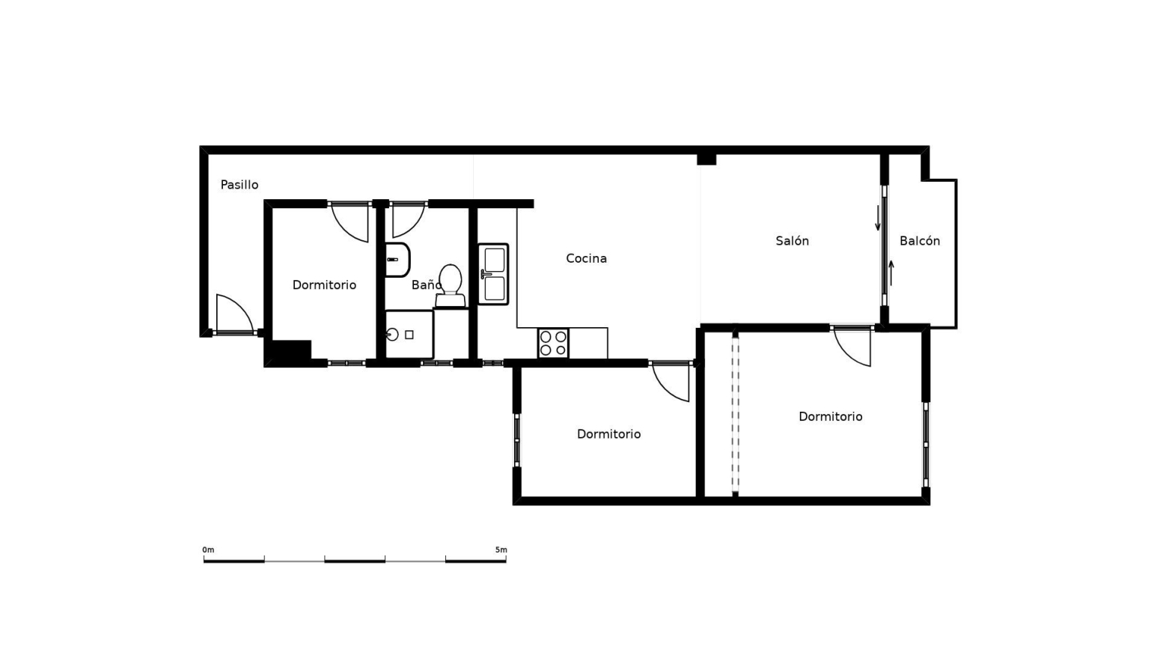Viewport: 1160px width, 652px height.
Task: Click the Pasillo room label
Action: point(239,185)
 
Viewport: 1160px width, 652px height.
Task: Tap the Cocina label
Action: point(586,258)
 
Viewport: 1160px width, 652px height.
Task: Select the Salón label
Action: point(793,241)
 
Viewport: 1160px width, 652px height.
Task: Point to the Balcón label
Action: point(920,241)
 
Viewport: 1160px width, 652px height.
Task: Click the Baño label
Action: point(427,285)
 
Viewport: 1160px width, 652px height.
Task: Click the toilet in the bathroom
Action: point(450,286)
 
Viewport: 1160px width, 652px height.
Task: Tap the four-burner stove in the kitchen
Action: point(553,343)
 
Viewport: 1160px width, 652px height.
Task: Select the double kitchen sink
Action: point(493,274)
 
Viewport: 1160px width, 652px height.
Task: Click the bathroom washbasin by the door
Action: point(397,260)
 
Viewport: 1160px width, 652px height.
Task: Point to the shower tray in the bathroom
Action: point(409,334)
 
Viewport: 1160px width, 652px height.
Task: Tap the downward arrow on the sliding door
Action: point(878,218)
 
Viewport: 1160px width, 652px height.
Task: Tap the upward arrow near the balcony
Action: point(891,273)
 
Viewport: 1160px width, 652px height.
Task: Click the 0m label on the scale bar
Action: point(208,550)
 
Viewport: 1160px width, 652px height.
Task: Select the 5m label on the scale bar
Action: point(501,550)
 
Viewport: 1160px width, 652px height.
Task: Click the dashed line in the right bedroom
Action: point(736,414)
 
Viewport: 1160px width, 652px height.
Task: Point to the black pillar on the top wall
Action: point(706,159)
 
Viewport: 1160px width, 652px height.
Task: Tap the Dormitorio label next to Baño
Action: point(324,285)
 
